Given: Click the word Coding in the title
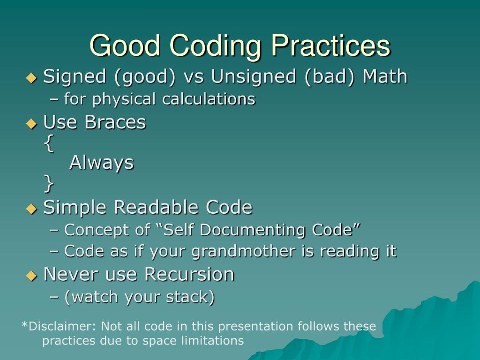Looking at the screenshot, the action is pyautogui.click(x=215, y=46).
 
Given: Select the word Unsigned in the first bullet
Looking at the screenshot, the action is pyautogui.click(x=254, y=77).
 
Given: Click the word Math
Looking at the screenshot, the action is pyautogui.click(x=385, y=76).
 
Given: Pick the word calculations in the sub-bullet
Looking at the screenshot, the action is pyautogui.click(x=209, y=99).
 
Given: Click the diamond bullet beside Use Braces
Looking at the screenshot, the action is pyautogui.click(x=31, y=124).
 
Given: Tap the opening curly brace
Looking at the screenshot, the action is pyautogui.click(x=49, y=143).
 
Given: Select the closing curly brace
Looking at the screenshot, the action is pyautogui.click(x=49, y=183).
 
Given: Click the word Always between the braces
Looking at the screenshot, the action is pyautogui.click(x=102, y=163).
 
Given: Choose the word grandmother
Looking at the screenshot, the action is pyautogui.click(x=244, y=251).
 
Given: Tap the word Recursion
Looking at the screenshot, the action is pyautogui.click(x=189, y=274).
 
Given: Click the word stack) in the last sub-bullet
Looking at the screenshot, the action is pyautogui.click(x=190, y=297).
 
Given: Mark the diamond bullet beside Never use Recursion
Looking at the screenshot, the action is pyautogui.click(x=31, y=276).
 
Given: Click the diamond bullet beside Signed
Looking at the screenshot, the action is pyautogui.click(x=31, y=78).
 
